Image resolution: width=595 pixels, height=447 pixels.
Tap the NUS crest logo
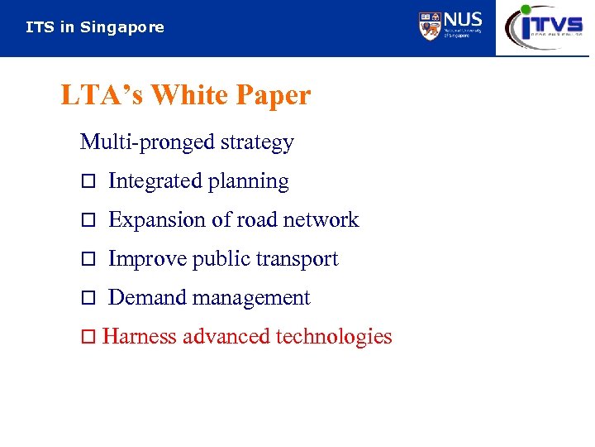click(430, 26)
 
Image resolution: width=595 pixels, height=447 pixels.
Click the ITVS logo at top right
click(545, 26)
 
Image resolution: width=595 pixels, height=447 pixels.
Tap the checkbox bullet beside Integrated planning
click(89, 182)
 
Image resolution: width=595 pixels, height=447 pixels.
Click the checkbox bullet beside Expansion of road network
click(89, 221)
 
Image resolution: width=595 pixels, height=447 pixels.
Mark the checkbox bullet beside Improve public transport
click(89, 260)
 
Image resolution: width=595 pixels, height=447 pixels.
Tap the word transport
click(300, 259)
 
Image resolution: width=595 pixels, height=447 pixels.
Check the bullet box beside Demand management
click(89, 299)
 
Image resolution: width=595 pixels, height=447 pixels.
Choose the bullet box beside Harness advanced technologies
click(89, 338)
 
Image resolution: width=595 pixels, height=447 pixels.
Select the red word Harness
click(140, 337)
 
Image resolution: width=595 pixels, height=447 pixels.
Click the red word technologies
click(334, 337)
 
